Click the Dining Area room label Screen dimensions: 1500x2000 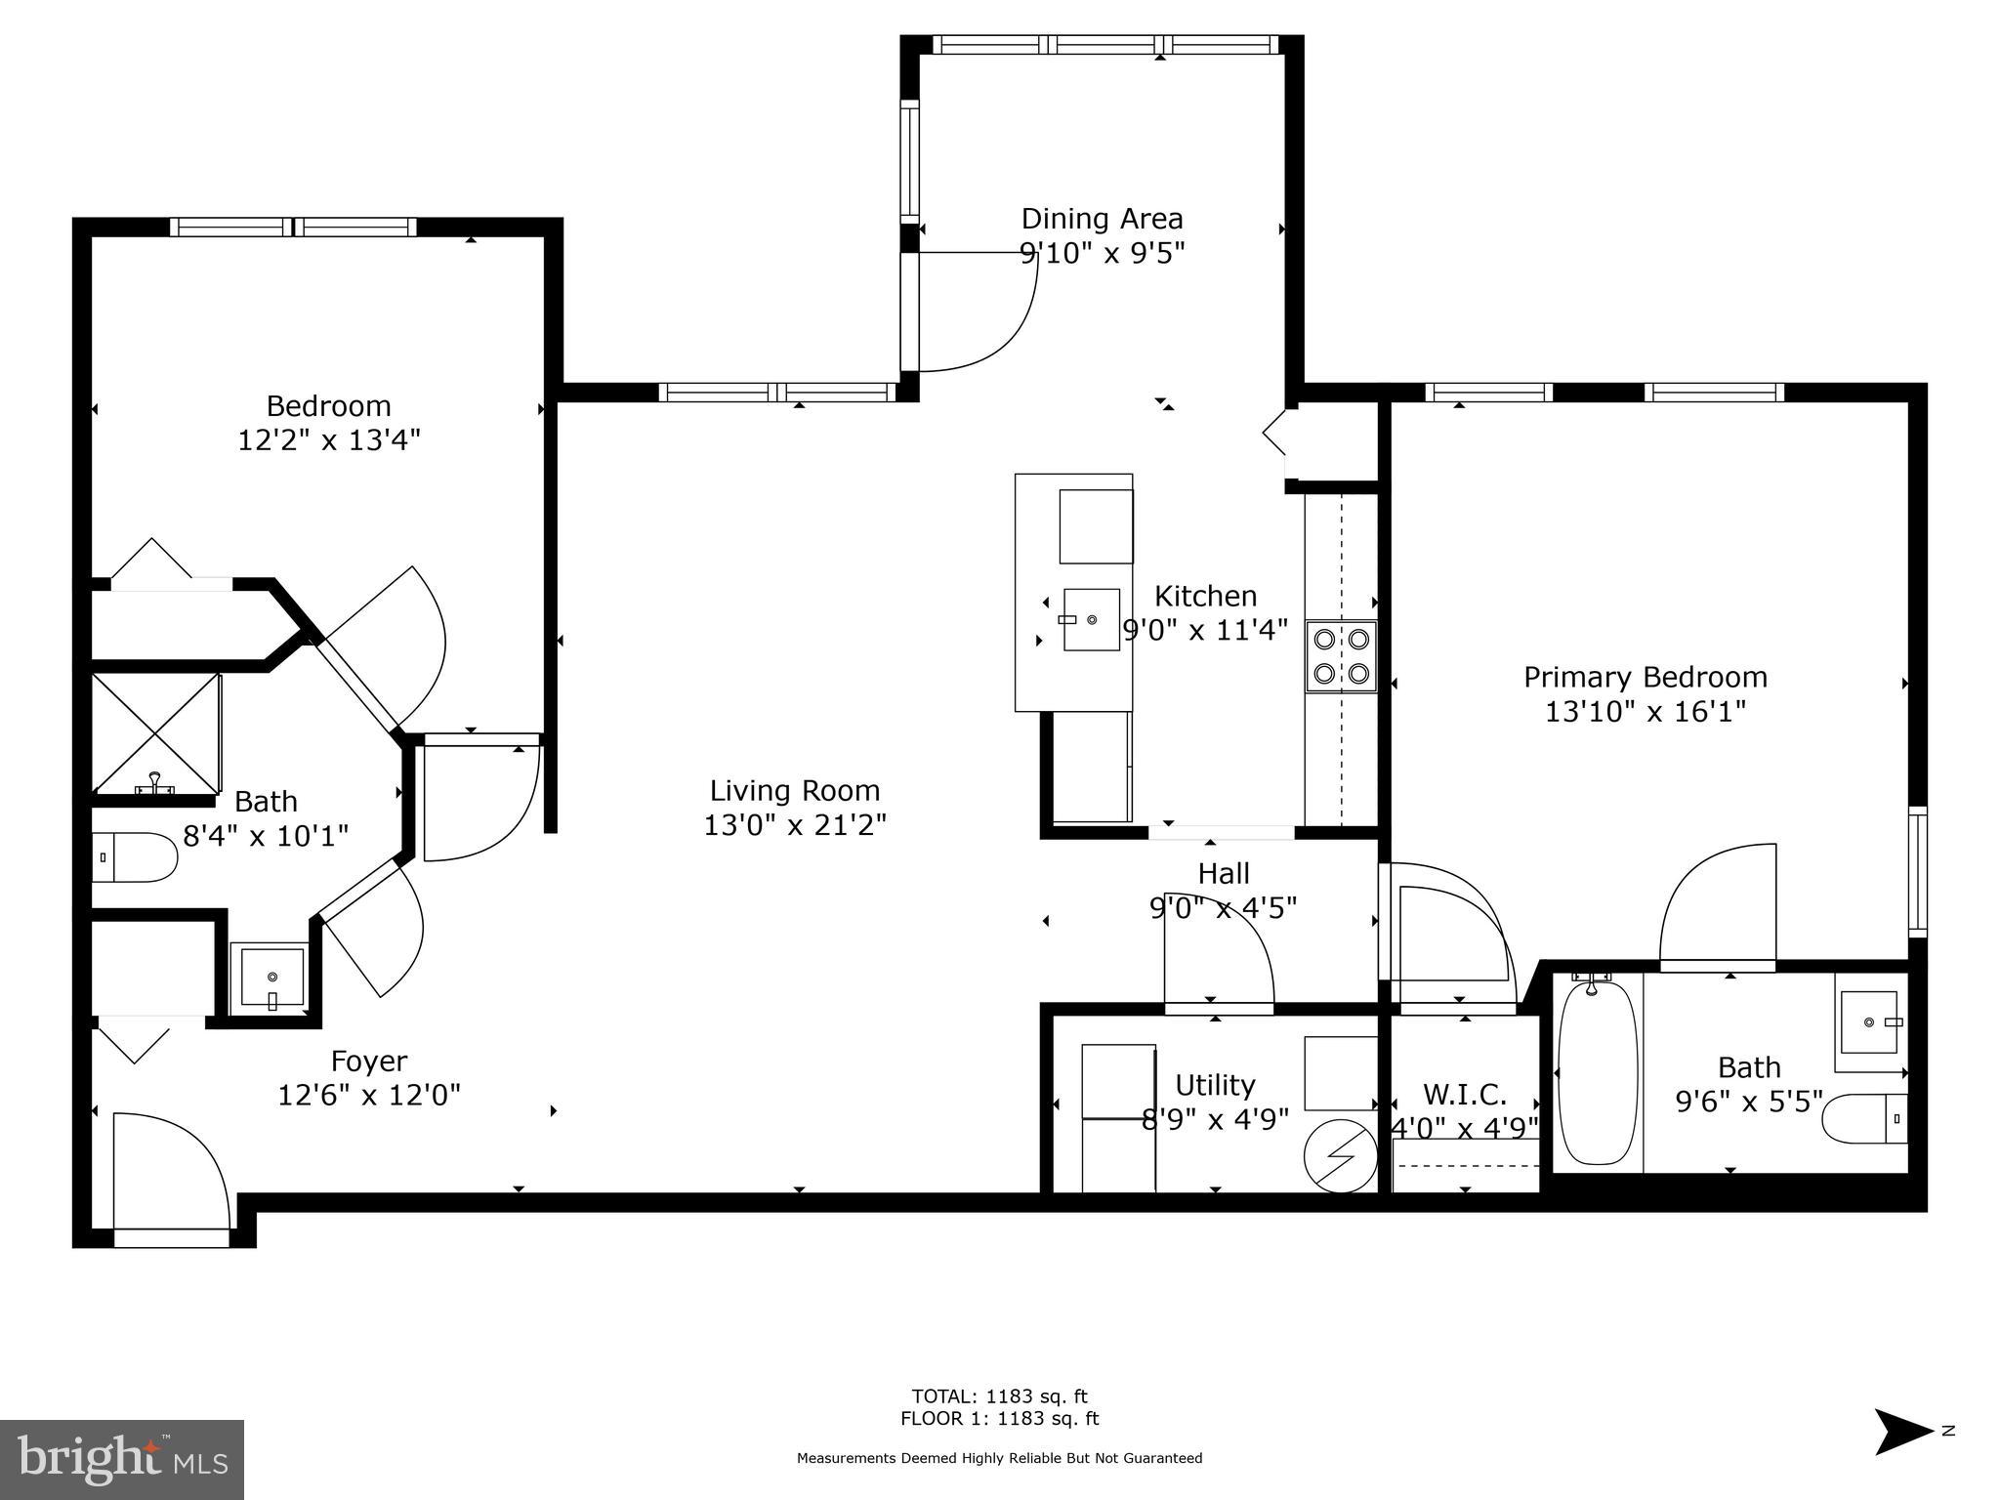coord(1102,219)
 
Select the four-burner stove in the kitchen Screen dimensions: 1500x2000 coord(1341,656)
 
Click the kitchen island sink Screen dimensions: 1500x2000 coord(1091,619)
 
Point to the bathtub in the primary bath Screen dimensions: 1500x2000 coord(1598,1072)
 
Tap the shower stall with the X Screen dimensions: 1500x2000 coord(155,733)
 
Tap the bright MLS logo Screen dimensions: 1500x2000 coord(121,1460)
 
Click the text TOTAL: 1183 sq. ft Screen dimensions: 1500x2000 coord(999,1396)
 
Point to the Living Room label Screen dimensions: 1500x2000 coord(794,790)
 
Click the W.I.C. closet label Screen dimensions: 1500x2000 coord(1464,1094)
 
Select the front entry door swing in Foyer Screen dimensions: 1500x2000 coord(172,1172)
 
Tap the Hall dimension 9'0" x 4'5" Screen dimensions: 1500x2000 coord(1223,908)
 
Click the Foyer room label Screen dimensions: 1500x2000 coord(369,1061)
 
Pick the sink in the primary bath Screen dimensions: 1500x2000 coord(1868,1022)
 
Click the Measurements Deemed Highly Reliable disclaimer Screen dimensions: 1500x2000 coord(999,1458)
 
